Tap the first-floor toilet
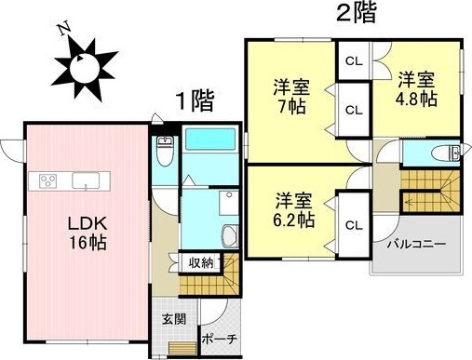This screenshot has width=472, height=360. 165,151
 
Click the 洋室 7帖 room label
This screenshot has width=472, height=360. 290,96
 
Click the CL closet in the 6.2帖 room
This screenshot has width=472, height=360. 353,224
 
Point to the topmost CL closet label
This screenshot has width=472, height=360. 353,61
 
